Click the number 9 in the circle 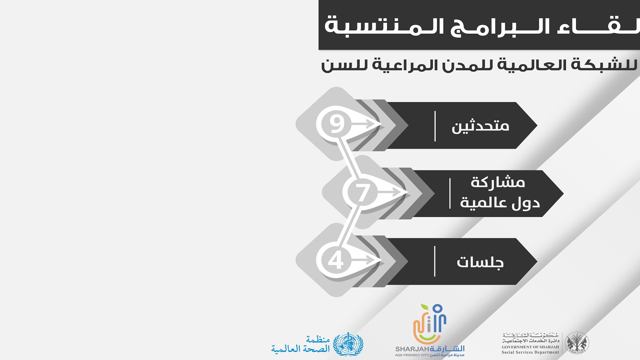point(337,124)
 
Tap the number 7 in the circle point(363,193)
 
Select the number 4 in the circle point(336,260)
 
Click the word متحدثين point(480,126)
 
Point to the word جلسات point(480,262)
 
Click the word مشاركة point(498,183)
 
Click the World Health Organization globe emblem point(348,344)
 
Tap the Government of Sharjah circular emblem point(577,343)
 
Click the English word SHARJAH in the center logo point(412,349)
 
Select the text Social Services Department point(530,352)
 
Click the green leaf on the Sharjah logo point(424,306)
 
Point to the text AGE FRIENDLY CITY point(412,355)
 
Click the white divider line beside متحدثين point(435,126)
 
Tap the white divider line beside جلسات point(435,261)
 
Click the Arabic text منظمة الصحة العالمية point(300,345)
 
